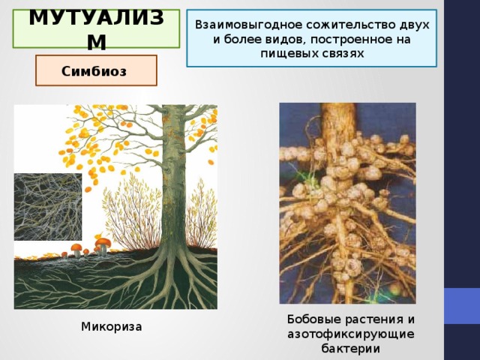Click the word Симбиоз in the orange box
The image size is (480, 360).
[94, 71]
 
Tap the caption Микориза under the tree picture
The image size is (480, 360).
[112, 327]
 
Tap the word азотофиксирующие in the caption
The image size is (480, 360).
[350, 334]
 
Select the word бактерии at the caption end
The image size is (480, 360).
[350, 348]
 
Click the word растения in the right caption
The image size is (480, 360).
[374, 319]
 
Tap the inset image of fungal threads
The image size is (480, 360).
[48, 207]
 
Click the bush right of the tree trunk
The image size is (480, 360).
[202, 214]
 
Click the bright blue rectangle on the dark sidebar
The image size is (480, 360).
[462, 306]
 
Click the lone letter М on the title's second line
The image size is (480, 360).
[97, 42]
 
